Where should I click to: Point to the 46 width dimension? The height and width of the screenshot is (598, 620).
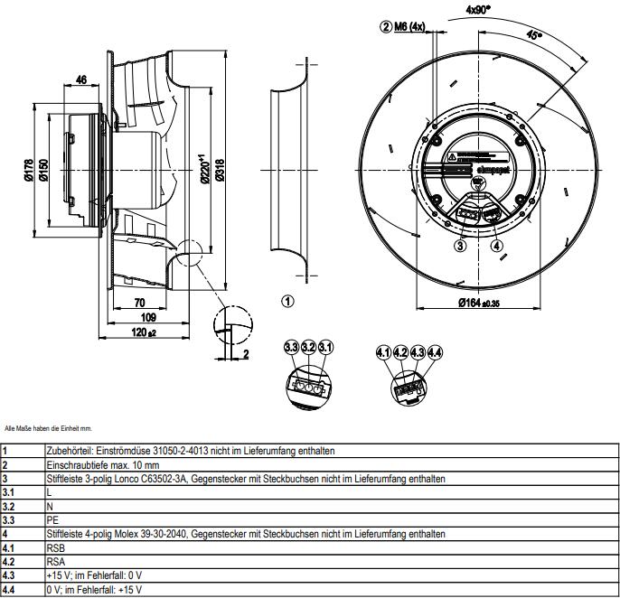[81, 80]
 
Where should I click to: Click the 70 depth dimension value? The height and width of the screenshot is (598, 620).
[140, 303]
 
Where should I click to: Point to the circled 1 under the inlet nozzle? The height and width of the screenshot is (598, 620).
[287, 302]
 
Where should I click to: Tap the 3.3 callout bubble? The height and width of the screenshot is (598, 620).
[290, 347]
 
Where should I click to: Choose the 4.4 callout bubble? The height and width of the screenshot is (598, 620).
[436, 352]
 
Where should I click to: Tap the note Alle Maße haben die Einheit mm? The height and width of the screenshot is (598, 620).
[48, 428]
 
